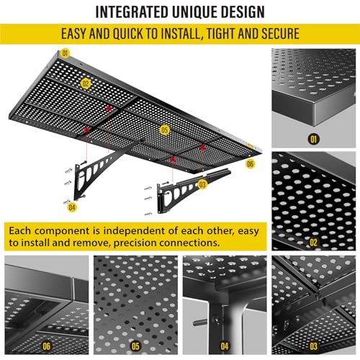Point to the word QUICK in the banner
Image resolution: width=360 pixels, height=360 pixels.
(x=141, y=35)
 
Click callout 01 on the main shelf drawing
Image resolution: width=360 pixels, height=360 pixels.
(x=66, y=53)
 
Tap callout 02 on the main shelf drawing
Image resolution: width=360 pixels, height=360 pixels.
(x=86, y=84)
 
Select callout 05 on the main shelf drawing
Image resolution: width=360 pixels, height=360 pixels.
(x=165, y=130)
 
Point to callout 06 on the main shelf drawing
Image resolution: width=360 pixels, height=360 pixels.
(x=250, y=164)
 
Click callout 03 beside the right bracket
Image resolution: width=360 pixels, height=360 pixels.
(x=202, y=184)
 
